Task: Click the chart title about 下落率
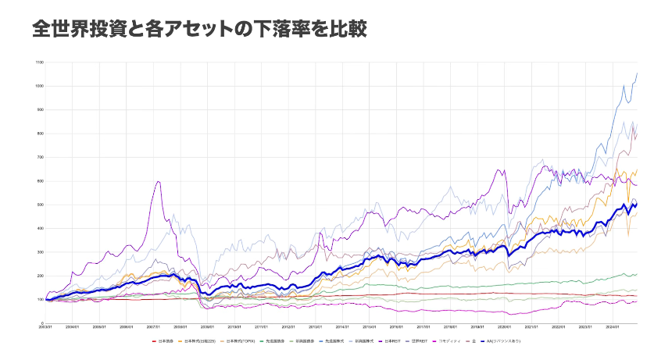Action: tap(199, 29)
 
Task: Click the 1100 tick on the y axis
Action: tap(39, 62)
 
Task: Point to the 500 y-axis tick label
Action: tap(40, 205)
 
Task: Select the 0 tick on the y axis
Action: tap(41, 323)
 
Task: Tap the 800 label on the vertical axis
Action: tap(40, 134)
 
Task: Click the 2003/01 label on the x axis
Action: tap(46, 328)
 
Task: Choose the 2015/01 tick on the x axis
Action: tap(370, 328)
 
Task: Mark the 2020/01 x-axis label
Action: tap(506, 328)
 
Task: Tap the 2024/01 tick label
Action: tap(615, 328)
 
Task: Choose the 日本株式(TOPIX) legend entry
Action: tap(241, 341)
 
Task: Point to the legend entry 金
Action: tap(474, 341)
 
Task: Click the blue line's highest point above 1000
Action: tap(637, 73)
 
